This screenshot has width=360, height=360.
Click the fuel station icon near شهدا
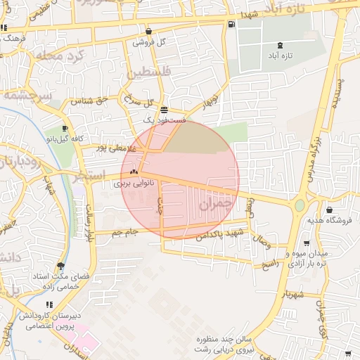pos(231,25)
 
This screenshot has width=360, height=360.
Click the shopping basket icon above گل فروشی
pos(149,31)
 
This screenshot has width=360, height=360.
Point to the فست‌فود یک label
pos(164,120)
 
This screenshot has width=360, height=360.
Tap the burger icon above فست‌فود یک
pos(164,110)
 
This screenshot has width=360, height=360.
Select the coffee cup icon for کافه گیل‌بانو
pos(65,128)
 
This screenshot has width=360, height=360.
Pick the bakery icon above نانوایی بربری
pos(134,172)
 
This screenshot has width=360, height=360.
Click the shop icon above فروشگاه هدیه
pos(330,210)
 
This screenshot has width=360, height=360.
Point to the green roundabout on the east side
pos(300,205)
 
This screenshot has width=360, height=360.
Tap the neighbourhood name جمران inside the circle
pos(214,204)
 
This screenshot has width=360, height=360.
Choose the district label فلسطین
pos(149,72)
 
